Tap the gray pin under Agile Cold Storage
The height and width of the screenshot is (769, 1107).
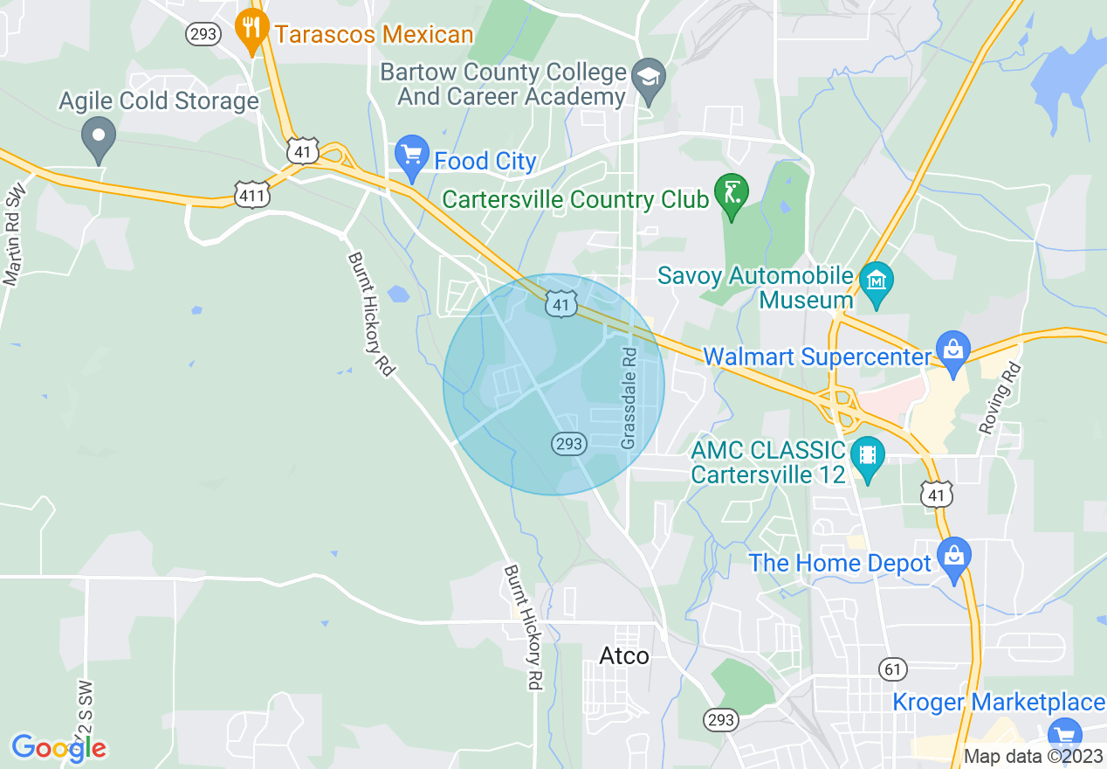[98, 137]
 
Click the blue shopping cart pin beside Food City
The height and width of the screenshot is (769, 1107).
[410, 156]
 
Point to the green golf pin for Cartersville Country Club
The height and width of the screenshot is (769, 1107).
[730, 194]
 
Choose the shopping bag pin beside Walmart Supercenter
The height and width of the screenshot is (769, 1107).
[952, 350]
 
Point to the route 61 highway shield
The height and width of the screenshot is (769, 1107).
[891, 669]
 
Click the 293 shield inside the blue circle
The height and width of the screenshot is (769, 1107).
[567, 444]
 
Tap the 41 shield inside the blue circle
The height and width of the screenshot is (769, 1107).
[560, 304]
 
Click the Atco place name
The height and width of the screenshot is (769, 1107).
[624, 655]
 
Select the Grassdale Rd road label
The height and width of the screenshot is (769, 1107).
[629, 398]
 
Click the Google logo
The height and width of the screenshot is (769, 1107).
[58, 748]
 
